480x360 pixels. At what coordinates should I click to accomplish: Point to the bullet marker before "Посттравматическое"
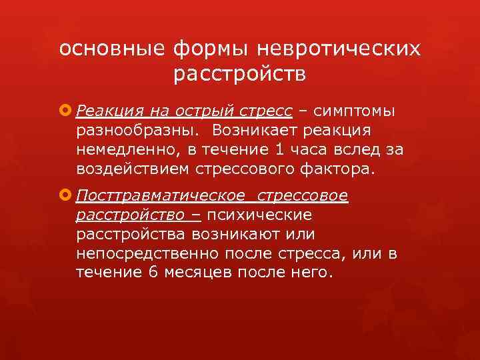coord(66,196)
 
